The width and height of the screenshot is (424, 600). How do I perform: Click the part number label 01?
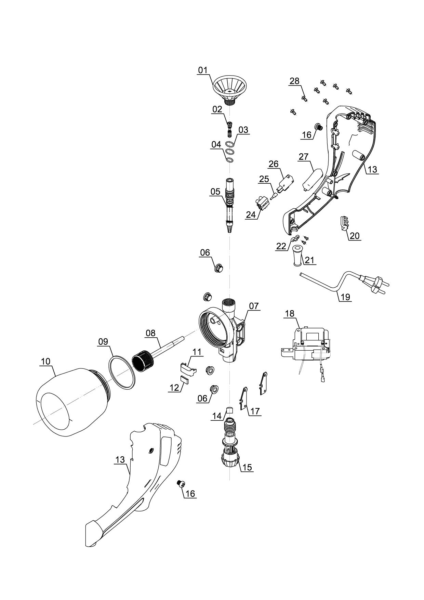203,70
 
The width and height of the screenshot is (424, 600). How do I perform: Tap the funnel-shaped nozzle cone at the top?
230,87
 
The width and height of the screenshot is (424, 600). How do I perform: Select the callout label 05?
215,192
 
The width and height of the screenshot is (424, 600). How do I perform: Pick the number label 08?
150,333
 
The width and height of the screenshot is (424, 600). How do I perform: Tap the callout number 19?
345,297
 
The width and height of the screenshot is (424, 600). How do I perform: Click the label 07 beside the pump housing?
254,305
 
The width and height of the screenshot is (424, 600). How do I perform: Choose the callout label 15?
247,467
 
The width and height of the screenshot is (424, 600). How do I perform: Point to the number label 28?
294,81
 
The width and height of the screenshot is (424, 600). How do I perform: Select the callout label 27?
303,157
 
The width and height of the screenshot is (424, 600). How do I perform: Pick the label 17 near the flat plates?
255,411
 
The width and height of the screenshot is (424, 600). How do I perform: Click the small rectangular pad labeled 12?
184,379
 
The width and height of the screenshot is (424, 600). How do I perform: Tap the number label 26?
273,164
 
